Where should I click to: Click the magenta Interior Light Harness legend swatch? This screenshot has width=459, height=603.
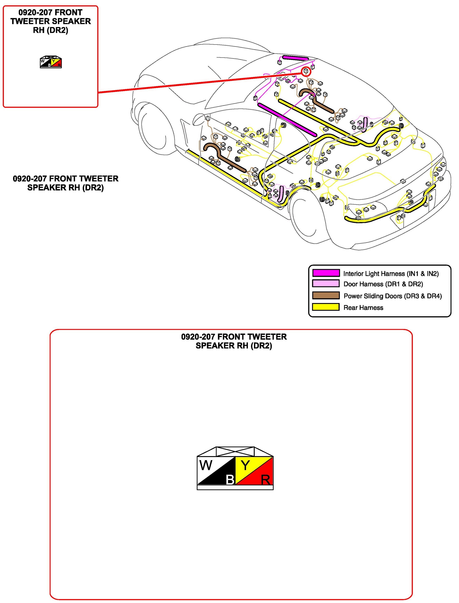point(326,273)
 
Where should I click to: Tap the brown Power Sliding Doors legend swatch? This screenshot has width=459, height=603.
point(326,295)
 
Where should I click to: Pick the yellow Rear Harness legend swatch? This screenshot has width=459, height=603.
point(326,307)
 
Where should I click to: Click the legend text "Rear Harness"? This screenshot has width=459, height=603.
point(363,308)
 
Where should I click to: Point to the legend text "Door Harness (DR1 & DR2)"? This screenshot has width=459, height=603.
point(383,284)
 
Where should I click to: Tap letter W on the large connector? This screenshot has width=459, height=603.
point(206,465)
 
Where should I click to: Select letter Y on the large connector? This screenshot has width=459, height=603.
point(245,465)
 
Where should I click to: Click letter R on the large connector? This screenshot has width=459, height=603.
point(265,480)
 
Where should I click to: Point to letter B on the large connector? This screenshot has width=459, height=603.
point(230,480)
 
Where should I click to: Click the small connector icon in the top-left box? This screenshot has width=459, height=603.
point(51,62)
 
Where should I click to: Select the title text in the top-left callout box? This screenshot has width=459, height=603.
point(51,21)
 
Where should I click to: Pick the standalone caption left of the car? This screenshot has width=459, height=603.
point(65,183)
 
